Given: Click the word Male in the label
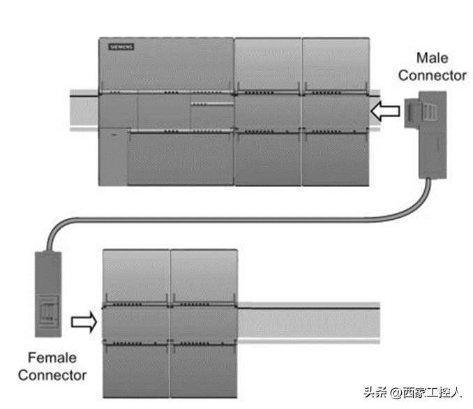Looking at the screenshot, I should (x=431, y=57).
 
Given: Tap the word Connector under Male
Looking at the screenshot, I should (x=431, y=75).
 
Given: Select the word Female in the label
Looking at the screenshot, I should (x=52, y=359).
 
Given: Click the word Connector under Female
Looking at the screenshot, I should (x=52, y=375).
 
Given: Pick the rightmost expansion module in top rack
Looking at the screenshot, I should (x=335, y=112).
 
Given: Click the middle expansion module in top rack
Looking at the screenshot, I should (x=267, y=112).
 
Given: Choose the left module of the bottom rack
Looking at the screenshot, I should (x=136, y=318).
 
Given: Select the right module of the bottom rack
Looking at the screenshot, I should (x=204, y=318).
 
